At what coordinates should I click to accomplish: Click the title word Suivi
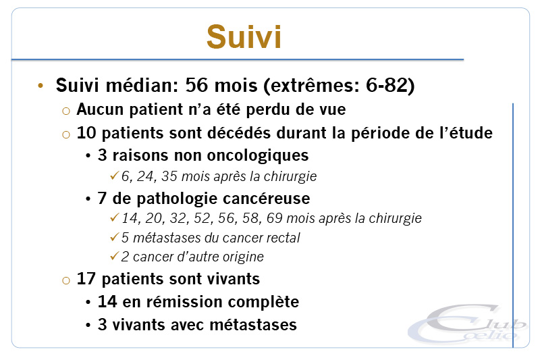pyautogui.click(x=244, y=37)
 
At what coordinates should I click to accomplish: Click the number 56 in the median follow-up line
pyautogui.click(x=196, y=85)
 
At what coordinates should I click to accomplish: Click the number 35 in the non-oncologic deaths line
pyautogui.click(x=169, y=176)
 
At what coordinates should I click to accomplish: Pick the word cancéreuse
pyautogui.click(x=266, y=199)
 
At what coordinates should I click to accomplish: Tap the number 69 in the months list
pyautogui.click(x=275, y=218)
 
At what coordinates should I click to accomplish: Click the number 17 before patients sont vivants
pyautogui.click(x=86, y=279)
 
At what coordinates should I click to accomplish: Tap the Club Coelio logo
pyautogui.click(x=468, y=324)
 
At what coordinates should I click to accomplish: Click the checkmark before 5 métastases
pyautogui.click(x=114, y=237)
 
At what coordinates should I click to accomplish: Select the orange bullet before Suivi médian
pyautogui.click(x=40, y=85)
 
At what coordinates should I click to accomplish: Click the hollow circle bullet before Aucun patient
pyautogui.click(x=66, y=111)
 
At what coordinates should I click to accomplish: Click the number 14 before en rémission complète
pyautogui.click(x=107, y=302)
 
